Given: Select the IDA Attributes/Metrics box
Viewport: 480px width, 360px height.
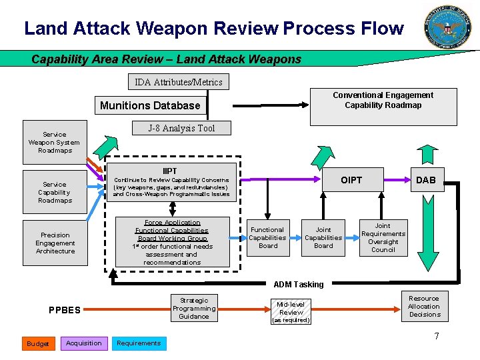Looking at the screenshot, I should pyautogui.click(x=179, y=82).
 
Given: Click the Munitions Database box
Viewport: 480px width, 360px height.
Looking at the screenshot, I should pyautogui.click(x=150, y=105).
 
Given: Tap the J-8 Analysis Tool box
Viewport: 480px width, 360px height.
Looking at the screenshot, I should pyautogui.click(x=181, y=128).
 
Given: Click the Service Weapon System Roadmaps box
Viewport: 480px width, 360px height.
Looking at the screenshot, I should pyautogui.click(x=54, y=142).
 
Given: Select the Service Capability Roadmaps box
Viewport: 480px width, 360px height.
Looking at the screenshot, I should pyautogui.click(x=55, y=192).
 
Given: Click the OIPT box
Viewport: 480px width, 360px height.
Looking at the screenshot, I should pyautogui.click(x=351, y=180).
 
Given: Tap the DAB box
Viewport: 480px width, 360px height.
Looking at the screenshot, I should pyautogui.click(x=425, y=180).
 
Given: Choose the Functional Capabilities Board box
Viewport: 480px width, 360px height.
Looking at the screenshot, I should pyautogui.click(x=267, y=237).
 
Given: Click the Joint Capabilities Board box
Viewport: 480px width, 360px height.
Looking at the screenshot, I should pyautogui.click(x=323, y=237).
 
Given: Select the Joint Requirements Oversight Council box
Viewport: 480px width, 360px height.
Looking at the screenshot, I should pyautogui.click(x=383, y=238).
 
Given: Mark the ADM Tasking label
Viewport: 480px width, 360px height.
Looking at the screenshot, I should pyautogui.click(x=299, y=285).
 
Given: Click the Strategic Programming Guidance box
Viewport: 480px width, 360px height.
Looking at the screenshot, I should pyautogui.click(x=194, y=309).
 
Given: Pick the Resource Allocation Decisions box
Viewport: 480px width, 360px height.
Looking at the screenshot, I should pyautogui.click(x=424, y=307).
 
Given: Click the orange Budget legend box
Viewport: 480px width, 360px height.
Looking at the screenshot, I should pyautogui.click(x=38, y=343).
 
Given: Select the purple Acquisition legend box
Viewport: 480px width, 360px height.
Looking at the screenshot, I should pyautogui.click(x=84, y=343).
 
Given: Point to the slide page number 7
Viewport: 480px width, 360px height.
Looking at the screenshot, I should pyautogui.click(x=437, y=336).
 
